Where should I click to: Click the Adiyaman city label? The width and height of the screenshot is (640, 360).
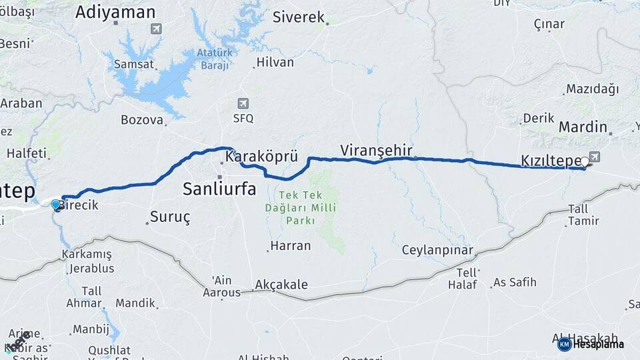[115, 12]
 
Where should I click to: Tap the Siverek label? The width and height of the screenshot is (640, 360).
[298, 17]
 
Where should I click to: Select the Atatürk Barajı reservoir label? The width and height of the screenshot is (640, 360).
[213, 59]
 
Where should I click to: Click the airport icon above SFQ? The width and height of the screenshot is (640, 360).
[243, 103]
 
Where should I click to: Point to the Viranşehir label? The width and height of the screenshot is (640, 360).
[376, 150]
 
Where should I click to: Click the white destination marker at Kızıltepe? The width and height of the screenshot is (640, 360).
[585, 161]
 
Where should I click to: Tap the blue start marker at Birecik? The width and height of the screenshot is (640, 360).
[55, 204]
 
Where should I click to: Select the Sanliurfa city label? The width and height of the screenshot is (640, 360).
[219, 189]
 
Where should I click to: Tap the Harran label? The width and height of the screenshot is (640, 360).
[291, 245]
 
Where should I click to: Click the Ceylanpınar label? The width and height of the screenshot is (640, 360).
[437, 251]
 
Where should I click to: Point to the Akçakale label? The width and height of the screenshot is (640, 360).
[281, 285]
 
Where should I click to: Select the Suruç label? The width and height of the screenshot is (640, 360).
[170, 217]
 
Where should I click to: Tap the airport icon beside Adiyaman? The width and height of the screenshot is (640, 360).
[156, 29]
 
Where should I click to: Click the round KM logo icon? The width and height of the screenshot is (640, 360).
[564, 344]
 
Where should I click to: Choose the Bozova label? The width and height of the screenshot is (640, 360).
[141, 120]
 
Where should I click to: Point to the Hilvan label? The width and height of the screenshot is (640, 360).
[275, 62]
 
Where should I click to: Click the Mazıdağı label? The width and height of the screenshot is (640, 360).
[592, 89]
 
